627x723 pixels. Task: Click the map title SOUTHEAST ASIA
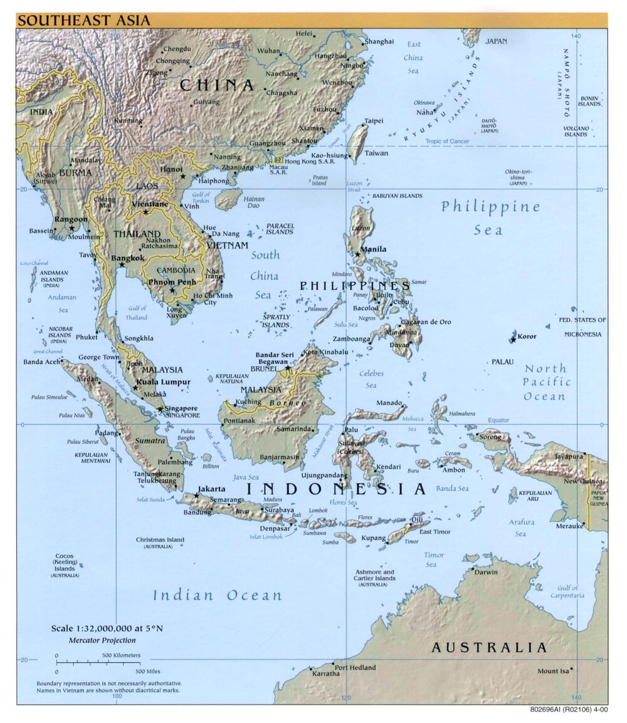83,21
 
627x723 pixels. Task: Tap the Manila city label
372,249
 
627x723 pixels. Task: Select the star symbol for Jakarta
197,496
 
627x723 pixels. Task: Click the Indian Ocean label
217,595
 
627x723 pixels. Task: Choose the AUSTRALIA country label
489,648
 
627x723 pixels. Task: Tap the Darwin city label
486,572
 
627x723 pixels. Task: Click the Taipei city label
374,121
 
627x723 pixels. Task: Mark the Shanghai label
380,41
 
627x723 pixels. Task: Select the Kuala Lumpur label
164,382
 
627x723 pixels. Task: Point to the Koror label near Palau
527,336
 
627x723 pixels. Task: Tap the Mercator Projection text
102,640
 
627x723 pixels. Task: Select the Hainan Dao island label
254,202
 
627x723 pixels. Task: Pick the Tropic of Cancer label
447,141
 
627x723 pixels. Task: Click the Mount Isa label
552,672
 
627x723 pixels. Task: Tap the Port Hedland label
355,667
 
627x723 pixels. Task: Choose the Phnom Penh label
172,282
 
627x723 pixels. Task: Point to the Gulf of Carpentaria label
567,592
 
